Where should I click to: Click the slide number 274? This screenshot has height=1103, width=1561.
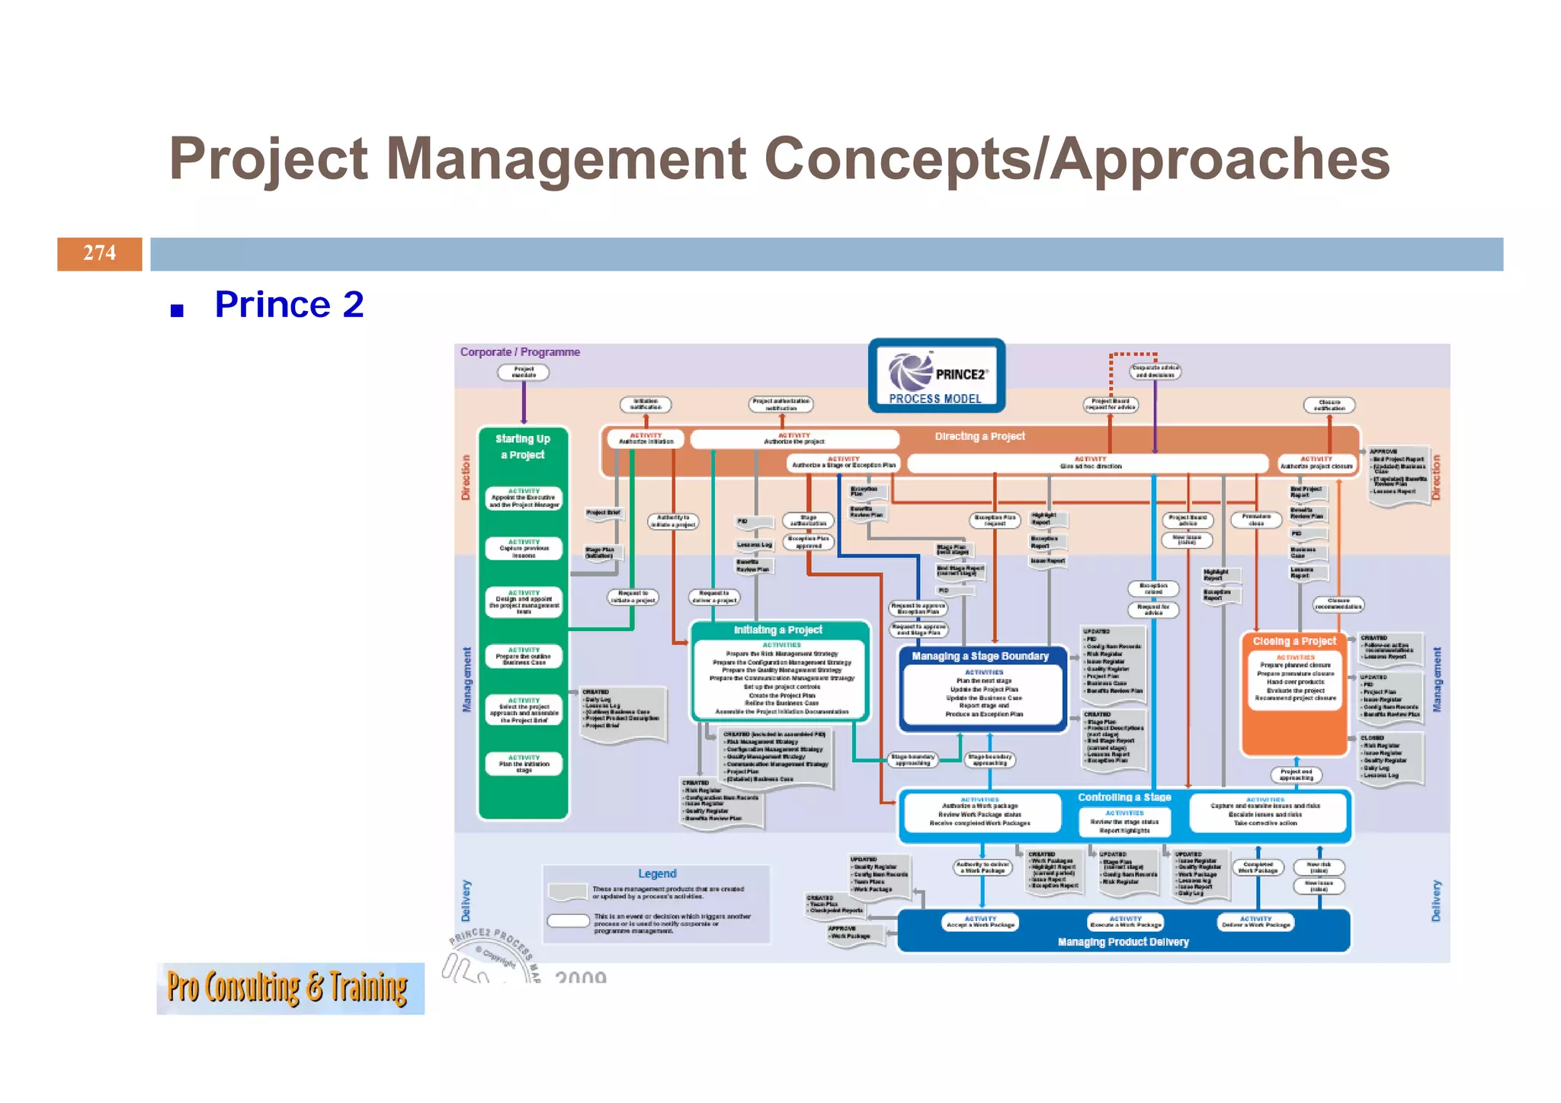coord(99,253)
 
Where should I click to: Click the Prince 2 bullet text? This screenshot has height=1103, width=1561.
coord(289,304)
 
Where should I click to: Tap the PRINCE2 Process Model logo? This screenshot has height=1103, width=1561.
coord(936,376)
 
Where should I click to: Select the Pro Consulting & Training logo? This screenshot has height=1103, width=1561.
coord(290,988)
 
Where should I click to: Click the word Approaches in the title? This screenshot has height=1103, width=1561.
coord(1220,159)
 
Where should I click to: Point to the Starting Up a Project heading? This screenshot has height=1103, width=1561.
coord(523,447)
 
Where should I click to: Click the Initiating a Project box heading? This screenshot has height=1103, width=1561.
coord(777,630)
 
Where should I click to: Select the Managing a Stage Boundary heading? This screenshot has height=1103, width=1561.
coord(980,656)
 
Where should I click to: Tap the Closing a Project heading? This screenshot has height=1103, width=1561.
coord(1294,641)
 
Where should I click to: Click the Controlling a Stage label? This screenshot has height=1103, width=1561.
coord(1124,797)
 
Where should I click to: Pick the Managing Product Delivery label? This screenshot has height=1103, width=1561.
coord(1123,942)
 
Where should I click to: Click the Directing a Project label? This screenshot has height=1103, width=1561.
coord(979,436)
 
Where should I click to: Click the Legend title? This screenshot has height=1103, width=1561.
coord(657,874)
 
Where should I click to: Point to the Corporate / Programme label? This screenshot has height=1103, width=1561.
coord(520,352)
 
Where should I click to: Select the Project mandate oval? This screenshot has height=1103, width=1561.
coord(524,372)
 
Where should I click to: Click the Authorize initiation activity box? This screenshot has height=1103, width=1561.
coord(646,439)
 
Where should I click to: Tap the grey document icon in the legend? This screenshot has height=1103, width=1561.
coord(567,892)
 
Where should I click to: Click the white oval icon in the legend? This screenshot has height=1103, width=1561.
coord(568,920)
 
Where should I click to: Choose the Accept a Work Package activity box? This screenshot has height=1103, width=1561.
coord(980,922)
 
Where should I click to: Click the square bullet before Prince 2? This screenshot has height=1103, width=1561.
coord(178,310)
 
